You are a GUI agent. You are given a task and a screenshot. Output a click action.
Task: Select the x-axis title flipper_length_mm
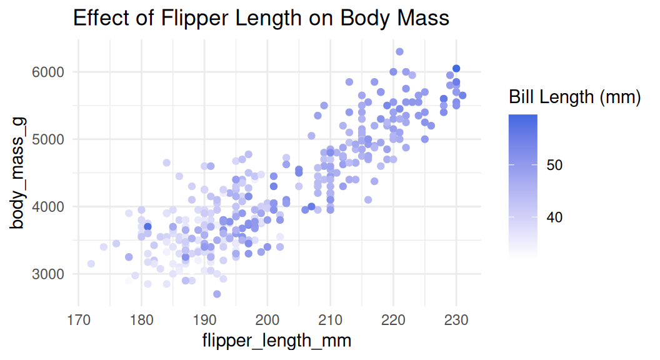point(276,341)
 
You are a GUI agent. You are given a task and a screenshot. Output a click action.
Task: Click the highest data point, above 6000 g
point(400,52)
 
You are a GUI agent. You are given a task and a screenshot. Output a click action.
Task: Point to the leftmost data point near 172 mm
point(91,264)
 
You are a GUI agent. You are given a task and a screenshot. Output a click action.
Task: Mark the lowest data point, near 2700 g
point(217,294)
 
